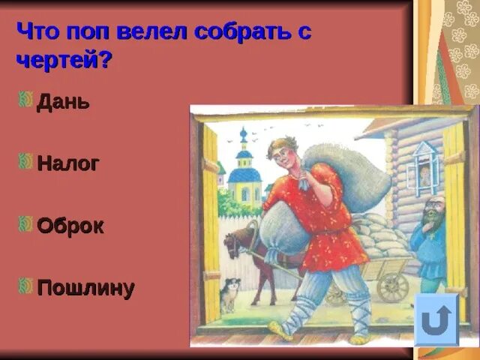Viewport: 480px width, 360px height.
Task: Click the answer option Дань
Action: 63,102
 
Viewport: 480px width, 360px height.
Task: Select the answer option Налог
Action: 67,163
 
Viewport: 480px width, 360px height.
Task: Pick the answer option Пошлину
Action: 85,289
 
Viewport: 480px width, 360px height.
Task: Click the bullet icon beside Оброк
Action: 25,223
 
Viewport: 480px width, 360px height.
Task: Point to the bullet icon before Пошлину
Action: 25,286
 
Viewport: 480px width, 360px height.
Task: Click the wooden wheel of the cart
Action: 391,286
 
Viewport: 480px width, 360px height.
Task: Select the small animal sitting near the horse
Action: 229,295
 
